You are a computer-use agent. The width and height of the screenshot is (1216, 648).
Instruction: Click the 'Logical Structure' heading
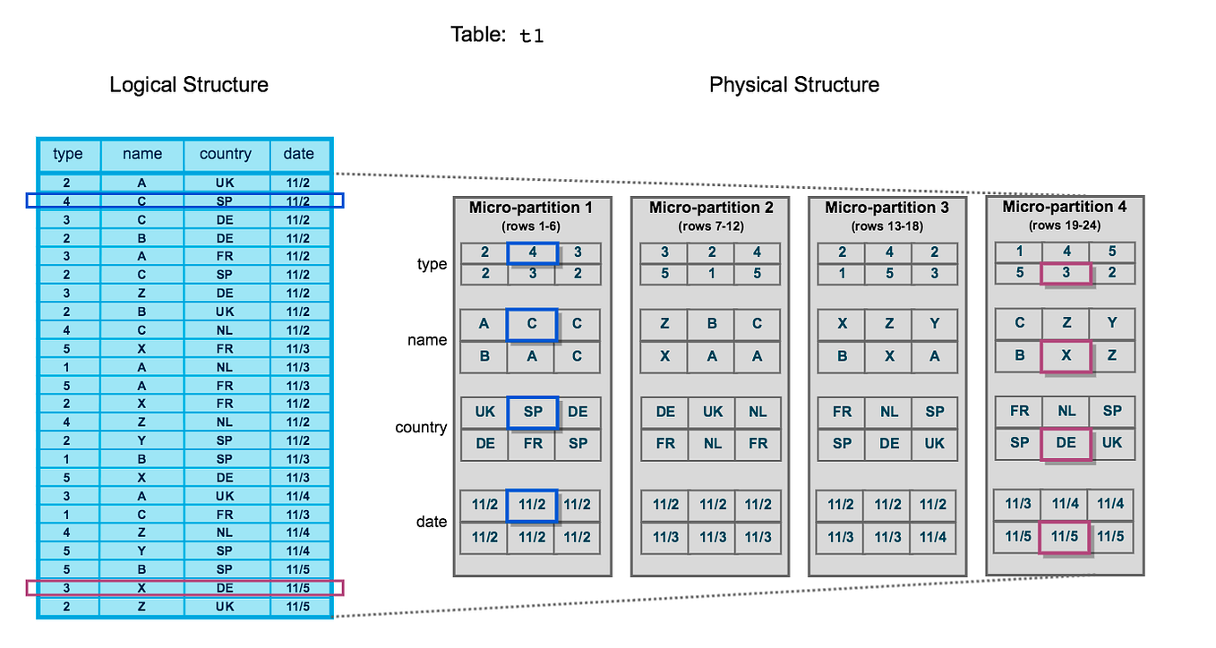click(189, 85)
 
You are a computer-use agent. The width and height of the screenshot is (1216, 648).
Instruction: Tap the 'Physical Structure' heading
click(793, 85)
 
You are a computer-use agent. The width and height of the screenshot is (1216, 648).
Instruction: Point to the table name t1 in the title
click(531, 37)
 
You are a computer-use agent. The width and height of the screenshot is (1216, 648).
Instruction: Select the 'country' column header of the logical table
click(226, 154)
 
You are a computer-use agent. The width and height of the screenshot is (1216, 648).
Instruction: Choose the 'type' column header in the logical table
click(68, 154)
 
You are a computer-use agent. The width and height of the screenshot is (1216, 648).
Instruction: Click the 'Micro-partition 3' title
click(886, 208)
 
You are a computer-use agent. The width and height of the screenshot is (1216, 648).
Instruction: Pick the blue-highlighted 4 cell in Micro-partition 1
click(532, 253)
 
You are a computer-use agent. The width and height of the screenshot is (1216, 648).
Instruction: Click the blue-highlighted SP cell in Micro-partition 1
click(532, 412)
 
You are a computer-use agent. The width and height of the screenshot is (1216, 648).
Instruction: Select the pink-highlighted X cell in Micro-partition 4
click(1066, 355)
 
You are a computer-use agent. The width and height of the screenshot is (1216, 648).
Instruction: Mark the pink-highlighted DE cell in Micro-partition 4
click(1066, 442)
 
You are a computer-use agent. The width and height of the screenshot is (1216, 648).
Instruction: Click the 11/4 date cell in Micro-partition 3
click(934, 537)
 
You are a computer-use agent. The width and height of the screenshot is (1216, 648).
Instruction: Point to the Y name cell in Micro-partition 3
click(934, 324)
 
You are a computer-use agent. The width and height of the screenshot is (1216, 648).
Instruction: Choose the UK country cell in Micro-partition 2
click(712, 412)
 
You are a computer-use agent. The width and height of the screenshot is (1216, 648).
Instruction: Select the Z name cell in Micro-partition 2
click(665, 324)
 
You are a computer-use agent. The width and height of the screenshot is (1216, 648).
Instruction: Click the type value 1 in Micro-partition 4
click(1019, 252)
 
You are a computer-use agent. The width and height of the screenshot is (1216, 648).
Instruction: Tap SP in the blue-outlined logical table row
click(226, 201)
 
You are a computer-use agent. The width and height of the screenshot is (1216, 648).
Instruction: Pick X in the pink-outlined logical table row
click(141, 587)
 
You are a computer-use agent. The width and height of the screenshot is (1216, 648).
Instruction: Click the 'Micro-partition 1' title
click(531, 208)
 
